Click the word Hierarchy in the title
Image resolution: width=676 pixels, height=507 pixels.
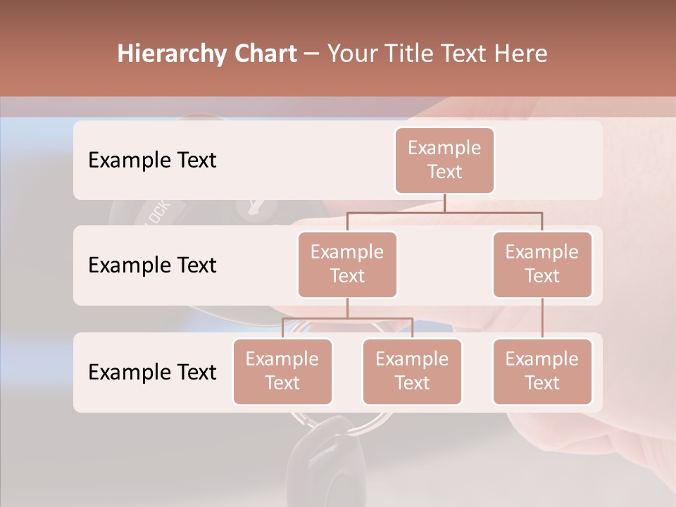point(172,54)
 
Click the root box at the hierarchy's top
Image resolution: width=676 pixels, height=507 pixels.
point(444,160)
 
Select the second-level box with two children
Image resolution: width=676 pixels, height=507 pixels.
point(347,264)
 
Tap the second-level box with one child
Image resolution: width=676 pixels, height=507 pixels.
point(542,264)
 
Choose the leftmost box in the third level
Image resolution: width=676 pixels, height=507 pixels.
point(282,371)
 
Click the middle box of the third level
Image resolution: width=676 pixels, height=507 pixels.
point(412,371)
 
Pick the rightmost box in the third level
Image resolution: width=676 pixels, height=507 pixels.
point(542,371)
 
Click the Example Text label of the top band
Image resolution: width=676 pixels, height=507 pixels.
point(152,160)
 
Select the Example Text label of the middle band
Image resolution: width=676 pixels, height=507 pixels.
point(152,265)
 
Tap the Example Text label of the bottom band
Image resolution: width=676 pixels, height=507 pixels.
point(152,372)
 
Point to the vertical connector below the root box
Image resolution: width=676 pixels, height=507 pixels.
point(444,203)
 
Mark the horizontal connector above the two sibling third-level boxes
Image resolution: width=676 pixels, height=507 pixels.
point(347,318)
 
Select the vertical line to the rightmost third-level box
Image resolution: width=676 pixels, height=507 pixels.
point(542,318)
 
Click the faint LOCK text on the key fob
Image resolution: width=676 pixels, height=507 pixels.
point(158,213)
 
